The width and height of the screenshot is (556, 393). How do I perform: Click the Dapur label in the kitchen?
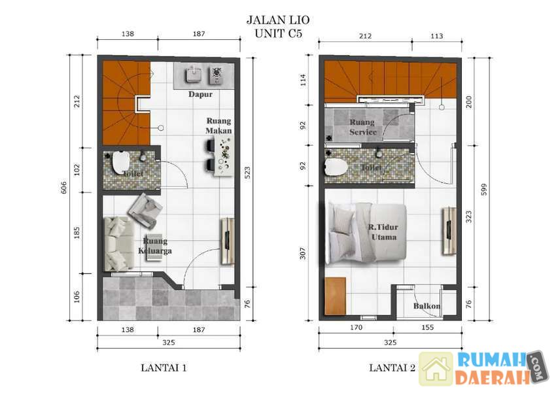tap(200, 94)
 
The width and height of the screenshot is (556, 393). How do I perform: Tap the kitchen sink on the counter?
tap(193, 75)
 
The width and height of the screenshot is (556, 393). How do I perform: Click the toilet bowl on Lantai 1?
tap(120, 163)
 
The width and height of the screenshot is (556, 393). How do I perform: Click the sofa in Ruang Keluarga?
tap(118, 244)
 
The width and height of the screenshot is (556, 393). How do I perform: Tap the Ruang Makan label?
tap(218, 126)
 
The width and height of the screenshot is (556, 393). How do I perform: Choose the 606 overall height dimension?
tap(64, 188)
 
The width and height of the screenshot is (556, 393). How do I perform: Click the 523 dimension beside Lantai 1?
tap(247, 173)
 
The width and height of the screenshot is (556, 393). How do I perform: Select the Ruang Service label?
tap(363, 128)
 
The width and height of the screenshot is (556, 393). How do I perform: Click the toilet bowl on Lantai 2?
tap(336, 167)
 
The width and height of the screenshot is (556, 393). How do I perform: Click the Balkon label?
tap(427, 306)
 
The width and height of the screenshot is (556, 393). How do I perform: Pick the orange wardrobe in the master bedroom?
tap(335, 296)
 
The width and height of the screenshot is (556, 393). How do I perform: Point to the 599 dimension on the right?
tap(484, 190)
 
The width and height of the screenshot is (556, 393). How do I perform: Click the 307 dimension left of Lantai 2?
tap(302, 253)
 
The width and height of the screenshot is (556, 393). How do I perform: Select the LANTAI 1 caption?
tap(164, 368)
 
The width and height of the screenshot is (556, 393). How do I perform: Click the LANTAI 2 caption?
tap(392, 368)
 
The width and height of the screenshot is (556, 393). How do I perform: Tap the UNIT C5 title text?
tap(279, 33)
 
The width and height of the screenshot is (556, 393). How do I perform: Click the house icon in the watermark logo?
tap(436, 369)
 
